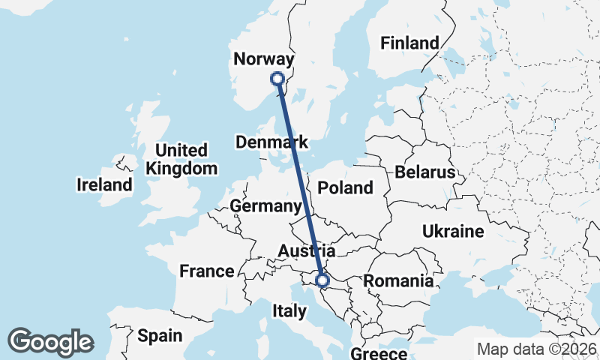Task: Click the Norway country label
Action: click(263, 59)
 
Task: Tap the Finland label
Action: click(409, 43)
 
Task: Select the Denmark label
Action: click(271, 142)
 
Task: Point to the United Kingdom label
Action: click(181, 159)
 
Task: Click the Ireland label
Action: click(105, 184)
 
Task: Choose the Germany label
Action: click(265, 206)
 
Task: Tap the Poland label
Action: click(346, 187)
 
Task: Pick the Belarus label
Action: click(425, 172)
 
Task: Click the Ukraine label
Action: click(453, 231)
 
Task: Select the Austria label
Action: click(306, 250)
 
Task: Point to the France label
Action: click(207, 271)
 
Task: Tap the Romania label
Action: click(398, 281)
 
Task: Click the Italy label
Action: click(289, 310)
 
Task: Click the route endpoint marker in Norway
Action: click(277, 78)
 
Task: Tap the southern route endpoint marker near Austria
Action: click(322, 280)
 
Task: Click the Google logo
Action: click(50, 342)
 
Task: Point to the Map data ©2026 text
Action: click(536, 349)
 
